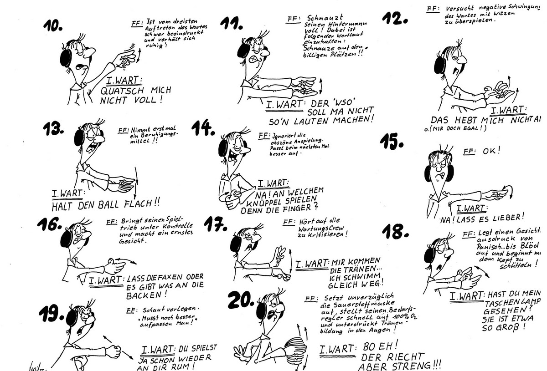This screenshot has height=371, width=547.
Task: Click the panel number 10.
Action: coord(53,26)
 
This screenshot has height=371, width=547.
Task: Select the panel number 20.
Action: coord(241,299)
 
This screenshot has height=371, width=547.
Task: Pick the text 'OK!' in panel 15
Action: coord(490,150)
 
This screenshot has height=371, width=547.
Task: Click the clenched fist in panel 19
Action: coord(113,351)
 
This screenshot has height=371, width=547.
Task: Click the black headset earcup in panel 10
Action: coord(67,58)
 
